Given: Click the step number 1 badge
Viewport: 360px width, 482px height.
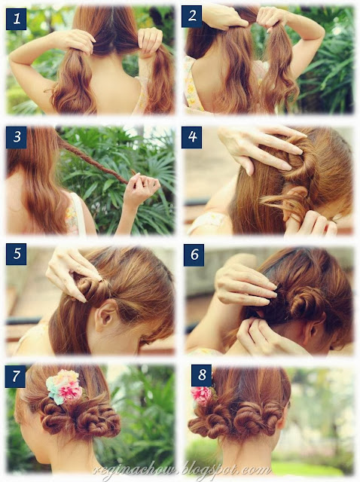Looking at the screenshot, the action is click(x=16, y=19).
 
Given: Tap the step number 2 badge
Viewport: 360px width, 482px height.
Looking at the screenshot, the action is click(x=191, y=17).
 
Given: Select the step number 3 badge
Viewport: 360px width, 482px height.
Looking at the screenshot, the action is click(x=17, y=137).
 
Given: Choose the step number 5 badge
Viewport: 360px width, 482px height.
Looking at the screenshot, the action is click(x=16, y=255).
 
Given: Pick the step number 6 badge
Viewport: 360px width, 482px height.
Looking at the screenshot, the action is click(x=194, y=255).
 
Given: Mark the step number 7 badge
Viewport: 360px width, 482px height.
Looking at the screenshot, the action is click(x=15, y=377).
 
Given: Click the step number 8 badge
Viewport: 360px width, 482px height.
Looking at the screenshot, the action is click(x=201, y=375).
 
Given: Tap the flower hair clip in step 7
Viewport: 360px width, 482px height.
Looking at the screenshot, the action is click(x=64, y=386).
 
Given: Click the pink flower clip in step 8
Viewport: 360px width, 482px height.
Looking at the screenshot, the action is click(x=203, y=396).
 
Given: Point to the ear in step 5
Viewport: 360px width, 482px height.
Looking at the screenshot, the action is click(x=105, y=316).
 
